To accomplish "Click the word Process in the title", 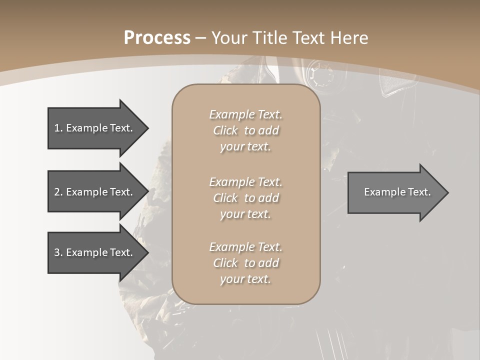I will click(157, 38).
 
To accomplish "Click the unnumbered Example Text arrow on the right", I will click(397, 192).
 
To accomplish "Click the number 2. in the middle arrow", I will click(58, 192).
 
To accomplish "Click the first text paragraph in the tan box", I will click(245, 130).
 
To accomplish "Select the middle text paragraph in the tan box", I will click(245, 197).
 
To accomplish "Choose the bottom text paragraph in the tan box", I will click(245, 263).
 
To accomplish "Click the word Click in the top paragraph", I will click(225, 130).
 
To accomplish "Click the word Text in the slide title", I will click(310, 38).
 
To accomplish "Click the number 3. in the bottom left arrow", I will click(58, 252).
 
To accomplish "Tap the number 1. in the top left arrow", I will click(58, 128).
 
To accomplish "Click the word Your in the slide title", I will click(229, 38).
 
